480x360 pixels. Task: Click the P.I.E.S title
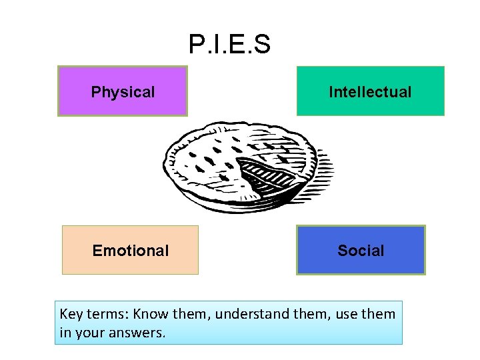(229, 45)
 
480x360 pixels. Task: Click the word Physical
(123, 92)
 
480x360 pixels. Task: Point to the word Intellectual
(370, 92)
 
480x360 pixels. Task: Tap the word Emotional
(131, 251)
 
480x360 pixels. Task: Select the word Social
(361, 251)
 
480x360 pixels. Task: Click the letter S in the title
(262, 45)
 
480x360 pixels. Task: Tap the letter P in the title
(197, 45)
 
